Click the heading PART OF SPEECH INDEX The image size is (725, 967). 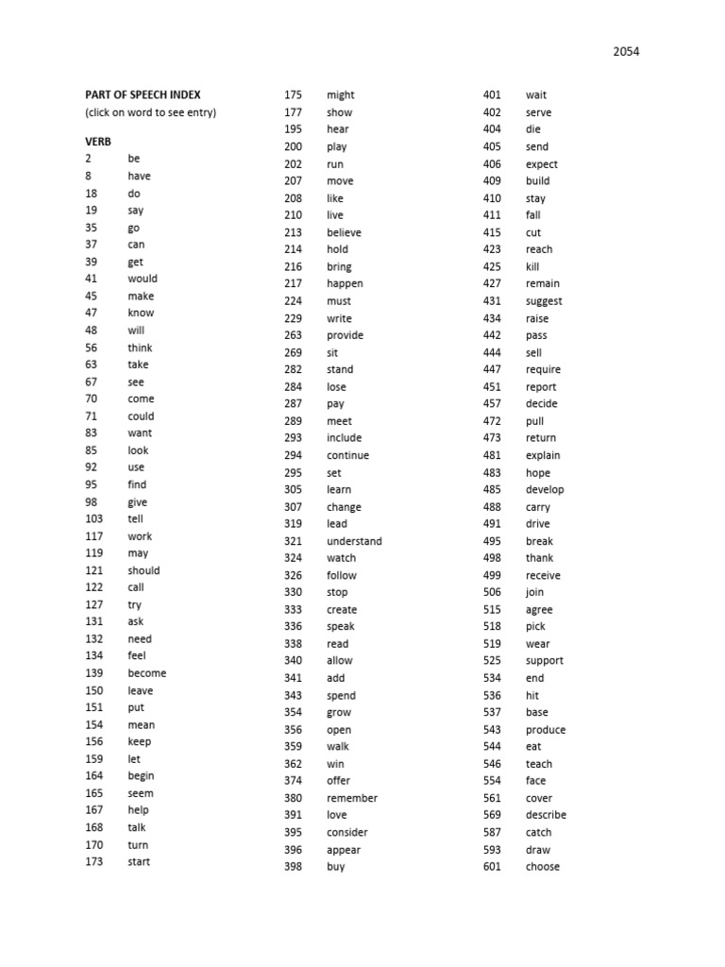pos(143,95)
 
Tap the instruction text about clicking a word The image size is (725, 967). pos(150,113)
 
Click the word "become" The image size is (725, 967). pos(146,673)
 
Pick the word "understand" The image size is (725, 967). pos(354,541)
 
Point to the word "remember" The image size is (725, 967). pos(352,798)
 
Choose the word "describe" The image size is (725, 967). pos(546,815)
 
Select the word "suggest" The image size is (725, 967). pos(544,301)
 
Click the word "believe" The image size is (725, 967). pos(344,232)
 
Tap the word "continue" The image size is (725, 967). pos(347,455)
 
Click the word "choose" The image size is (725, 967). pos(542,867)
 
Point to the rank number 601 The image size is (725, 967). pos(492,867)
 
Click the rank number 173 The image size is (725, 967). pos(93,861)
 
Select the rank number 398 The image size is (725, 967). pos(293,867)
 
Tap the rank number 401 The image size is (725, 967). pos(492,95)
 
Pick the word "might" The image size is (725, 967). pos(341,95)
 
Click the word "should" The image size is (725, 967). pos(143,570)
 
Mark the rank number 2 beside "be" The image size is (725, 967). pos(88,159)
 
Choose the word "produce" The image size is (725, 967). pos(546,730)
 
